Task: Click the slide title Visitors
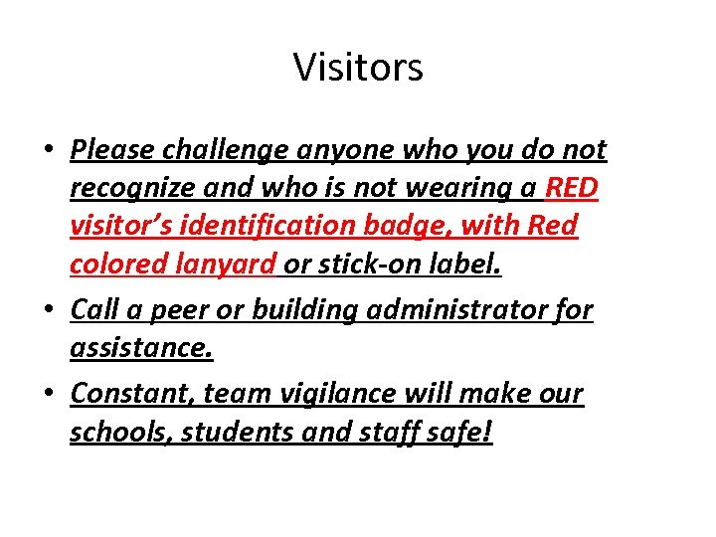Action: click(358, 68)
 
